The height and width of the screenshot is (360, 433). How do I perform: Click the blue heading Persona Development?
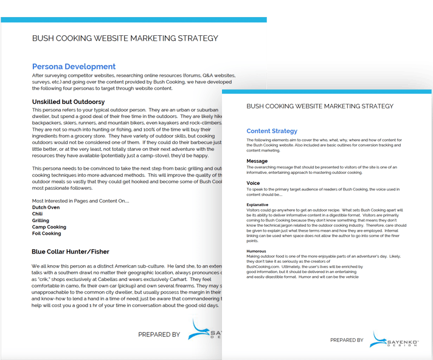[74, 66]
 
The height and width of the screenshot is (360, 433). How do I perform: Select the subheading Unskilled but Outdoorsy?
[68, 102]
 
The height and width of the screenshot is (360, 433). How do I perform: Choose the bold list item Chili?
[38, 214]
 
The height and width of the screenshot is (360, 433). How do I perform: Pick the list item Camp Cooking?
[49, 227]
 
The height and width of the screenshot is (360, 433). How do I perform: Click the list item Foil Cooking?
[47, 234]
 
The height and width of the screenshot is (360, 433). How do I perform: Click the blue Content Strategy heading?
[272, 131]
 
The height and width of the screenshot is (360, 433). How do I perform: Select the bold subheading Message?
[257, 161]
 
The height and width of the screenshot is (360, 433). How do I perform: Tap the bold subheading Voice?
[253, 183]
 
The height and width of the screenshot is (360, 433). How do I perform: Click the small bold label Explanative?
[258, 205]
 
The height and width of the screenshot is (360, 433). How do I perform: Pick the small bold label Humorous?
[257, 251]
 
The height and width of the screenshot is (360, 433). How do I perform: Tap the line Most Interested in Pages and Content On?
[80, 201]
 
